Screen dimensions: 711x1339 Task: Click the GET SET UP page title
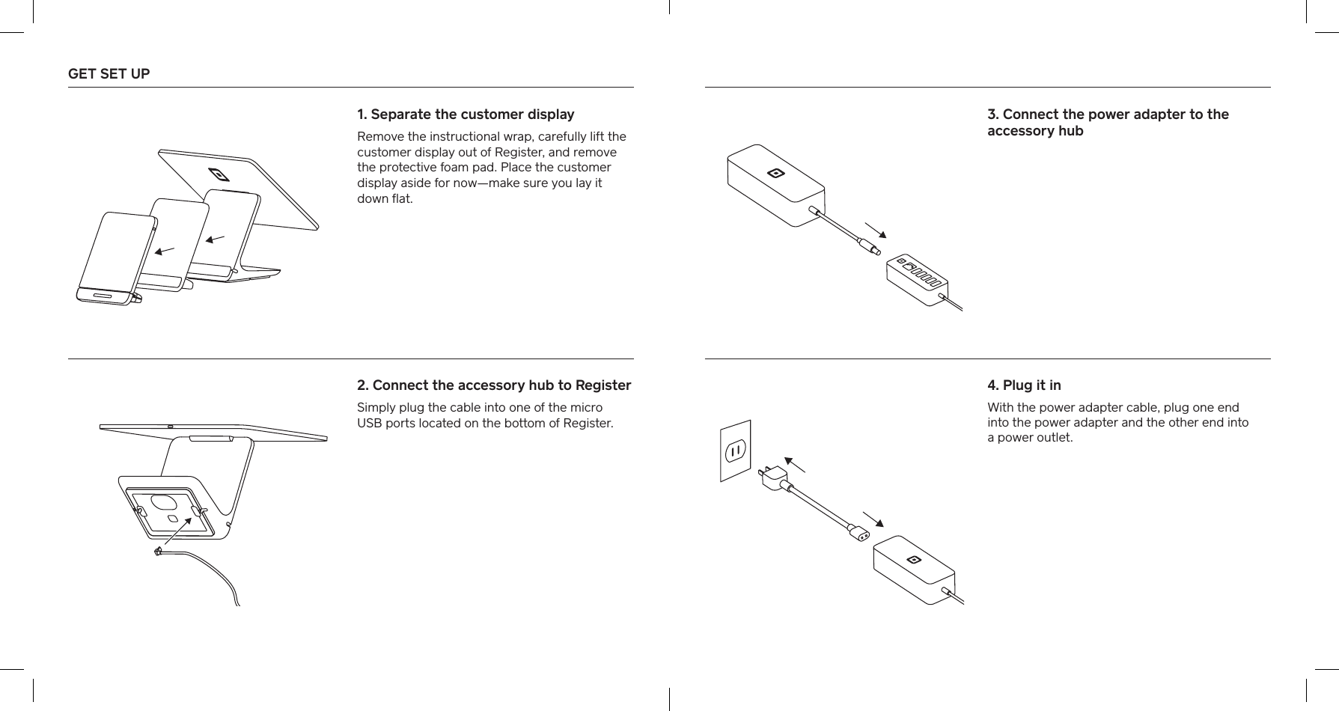pos(109,74)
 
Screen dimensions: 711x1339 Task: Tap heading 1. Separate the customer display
pos(466,115)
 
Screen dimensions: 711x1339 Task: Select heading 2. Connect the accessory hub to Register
pos(494,385)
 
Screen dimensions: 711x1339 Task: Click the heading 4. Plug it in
pos(1023,385)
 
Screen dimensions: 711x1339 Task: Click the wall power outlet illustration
pos(735,451)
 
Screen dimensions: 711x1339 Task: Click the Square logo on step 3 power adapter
pos(775,174)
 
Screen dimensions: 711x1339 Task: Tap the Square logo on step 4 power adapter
pos(912,560)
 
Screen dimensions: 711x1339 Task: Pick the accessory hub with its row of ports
pos(917,280)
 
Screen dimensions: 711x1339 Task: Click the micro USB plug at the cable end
pos(157,552)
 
